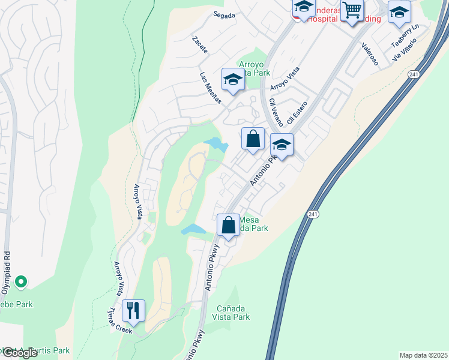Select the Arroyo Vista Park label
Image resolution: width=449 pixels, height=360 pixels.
coord(255,68)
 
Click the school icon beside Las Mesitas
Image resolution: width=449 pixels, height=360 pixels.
coord(232,79)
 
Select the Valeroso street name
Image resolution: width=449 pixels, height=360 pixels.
coord(369,53)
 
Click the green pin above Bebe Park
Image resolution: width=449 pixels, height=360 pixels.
coord(20,281)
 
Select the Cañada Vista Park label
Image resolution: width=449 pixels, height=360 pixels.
coord(233,313)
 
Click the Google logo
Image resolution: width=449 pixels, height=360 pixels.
coord(19,353)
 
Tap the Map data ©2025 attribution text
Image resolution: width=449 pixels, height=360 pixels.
coord(423,355)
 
